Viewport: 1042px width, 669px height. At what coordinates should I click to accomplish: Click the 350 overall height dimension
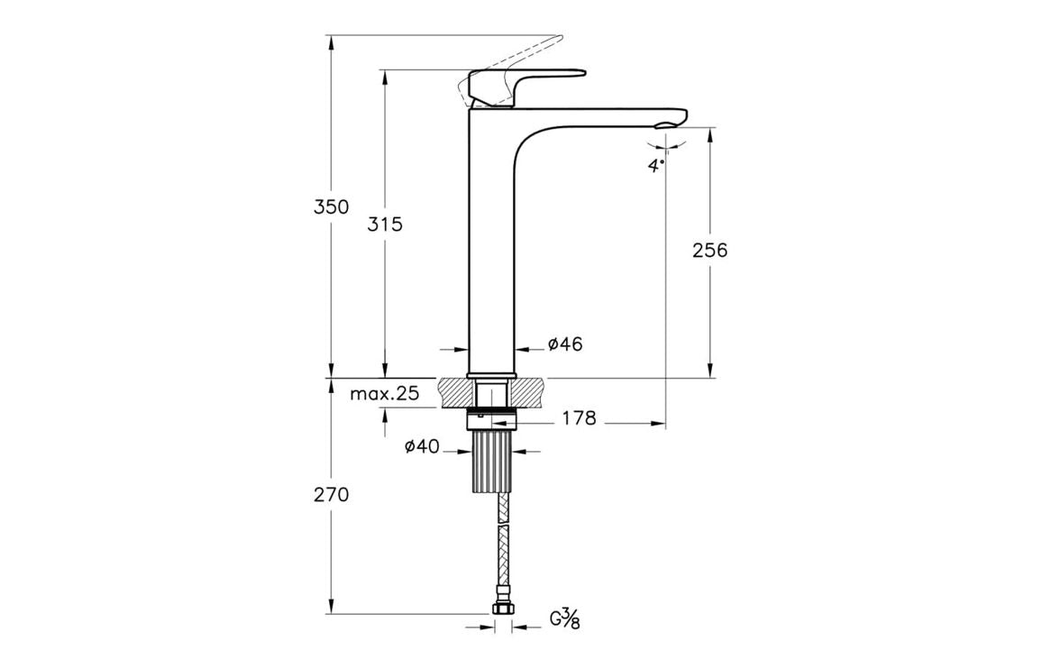(x=331, y=206)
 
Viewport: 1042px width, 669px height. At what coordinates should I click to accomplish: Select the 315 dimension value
(x=385, y=225)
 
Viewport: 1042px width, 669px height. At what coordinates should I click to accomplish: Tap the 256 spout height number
(x=709, y=251)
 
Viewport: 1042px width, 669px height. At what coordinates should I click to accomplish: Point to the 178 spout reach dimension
(x=579, y=418)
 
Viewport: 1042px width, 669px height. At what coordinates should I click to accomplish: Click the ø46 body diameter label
(x=565, y=344)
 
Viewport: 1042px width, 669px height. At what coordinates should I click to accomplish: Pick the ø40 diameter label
(x=422, y=447)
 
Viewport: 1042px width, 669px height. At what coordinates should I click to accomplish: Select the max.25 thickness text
(x=385, y=393)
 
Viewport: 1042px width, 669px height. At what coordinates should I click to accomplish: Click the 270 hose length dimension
(x=331, y=494)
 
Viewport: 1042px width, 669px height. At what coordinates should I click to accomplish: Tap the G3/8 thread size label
(x=564, y=619)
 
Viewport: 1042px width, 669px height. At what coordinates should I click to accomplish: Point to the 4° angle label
(x=656, y=165)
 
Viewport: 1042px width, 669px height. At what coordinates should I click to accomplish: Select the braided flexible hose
(x=502, y=550)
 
